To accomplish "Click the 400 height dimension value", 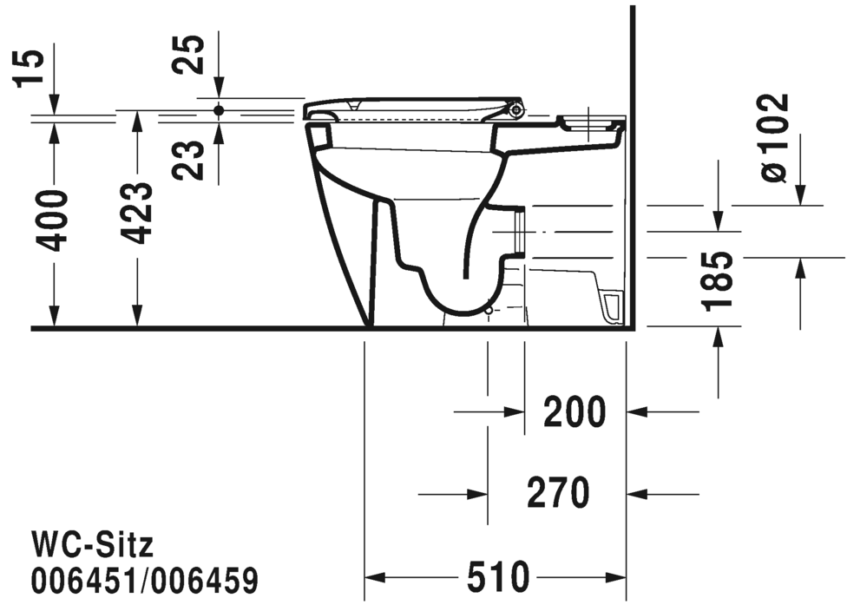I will pyautogui.click(x=54, y=220).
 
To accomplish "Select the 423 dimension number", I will pyautogui.click(x=136, y=214).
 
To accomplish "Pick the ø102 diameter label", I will pyautogui.click(x=774, y=138).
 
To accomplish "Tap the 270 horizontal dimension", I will pyautogui.click(x=558, y=493).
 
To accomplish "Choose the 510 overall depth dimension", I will pyautogui.click(x=498, y=575).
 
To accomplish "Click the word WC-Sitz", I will pyautogui.click(x=92, y=545).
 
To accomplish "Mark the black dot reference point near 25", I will pyautogui.click(x=219, y=110).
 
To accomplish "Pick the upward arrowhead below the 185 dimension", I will pyautogui.click(x=719, y=338).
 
